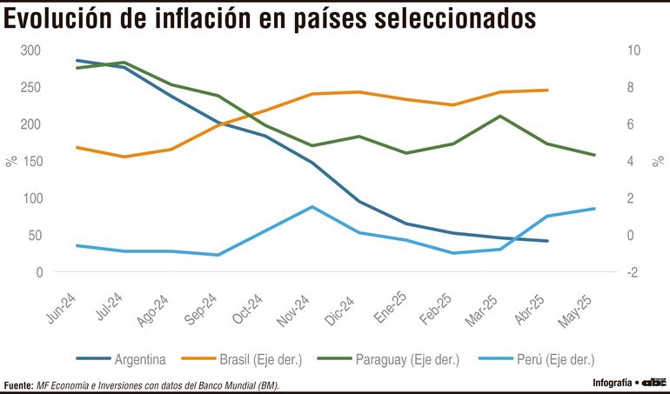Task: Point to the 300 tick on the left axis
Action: [x=32, y=50]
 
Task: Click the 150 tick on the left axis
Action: [x=32, y=161]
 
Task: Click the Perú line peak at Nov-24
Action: [x=312, y=207]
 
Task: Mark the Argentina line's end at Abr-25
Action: [x=546, y=241]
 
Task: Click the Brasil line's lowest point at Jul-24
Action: [x=125, y=157]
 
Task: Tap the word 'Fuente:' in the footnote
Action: [x=18, y=384]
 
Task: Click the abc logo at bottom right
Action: [x=654, y=382]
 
